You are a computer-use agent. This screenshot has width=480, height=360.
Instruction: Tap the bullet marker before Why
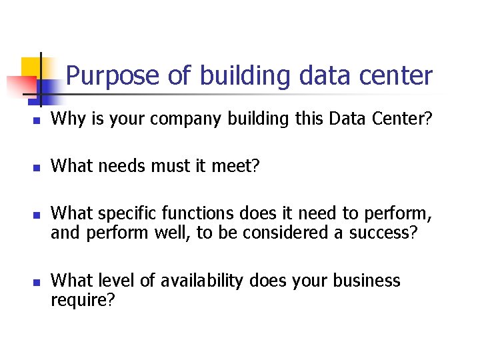pos(38,121)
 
